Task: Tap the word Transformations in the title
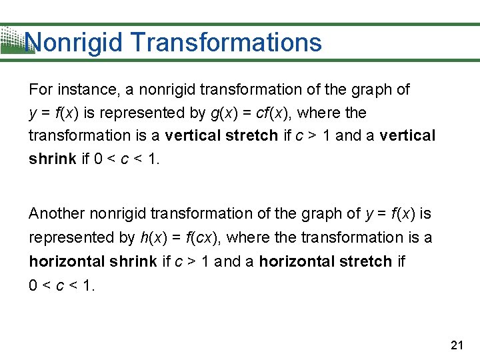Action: pos(227,43)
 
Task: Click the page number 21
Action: pos(457,345)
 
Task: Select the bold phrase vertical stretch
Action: pos(221,136)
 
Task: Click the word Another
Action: pos(56,214)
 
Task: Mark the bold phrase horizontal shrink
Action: pos(93,261)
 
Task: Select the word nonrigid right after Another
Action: pos(118,214)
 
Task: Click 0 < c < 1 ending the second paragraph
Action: pos(62,285)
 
